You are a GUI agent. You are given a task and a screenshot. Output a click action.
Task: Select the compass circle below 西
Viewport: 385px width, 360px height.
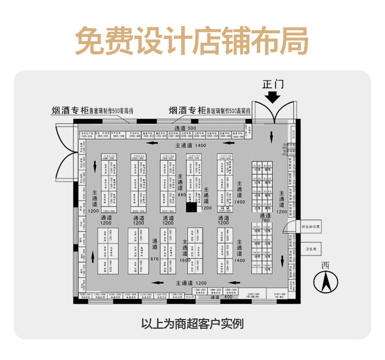click(x=324, y=281)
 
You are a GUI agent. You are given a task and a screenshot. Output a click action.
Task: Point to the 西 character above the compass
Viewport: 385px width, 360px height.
click(x=325, y=265)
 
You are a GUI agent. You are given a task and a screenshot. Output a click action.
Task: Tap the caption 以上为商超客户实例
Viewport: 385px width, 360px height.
click(x=192, y=324)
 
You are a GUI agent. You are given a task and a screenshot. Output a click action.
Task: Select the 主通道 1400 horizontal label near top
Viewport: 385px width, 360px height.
click(x=190, y=146)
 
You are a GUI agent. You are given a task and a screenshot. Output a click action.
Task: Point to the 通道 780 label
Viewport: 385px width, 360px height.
click(x=265, y=218)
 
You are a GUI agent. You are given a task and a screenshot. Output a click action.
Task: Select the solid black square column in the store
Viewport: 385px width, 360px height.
click(x=191, y=207)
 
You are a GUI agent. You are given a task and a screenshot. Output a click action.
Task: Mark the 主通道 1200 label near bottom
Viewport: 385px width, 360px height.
click(x=190, y=283)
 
